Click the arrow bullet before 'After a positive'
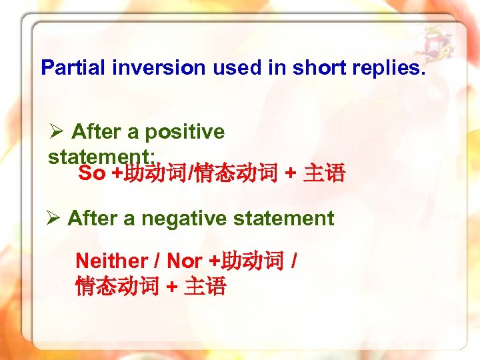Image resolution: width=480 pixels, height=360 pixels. [57, 132]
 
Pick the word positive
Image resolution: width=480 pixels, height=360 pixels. [185, 132]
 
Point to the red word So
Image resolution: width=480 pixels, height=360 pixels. [92, 174]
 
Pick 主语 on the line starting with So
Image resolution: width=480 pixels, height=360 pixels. [325, 174]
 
